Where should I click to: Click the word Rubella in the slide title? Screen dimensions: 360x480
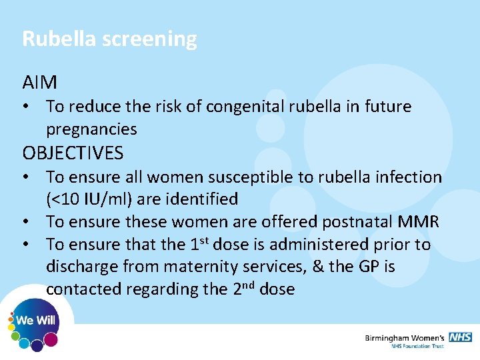[59, 39]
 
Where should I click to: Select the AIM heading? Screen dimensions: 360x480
[39, 83]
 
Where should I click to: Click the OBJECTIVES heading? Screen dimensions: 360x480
[73, 153]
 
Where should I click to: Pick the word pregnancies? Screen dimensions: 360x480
[91, 129]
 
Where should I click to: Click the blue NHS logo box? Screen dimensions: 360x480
[460, 337]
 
